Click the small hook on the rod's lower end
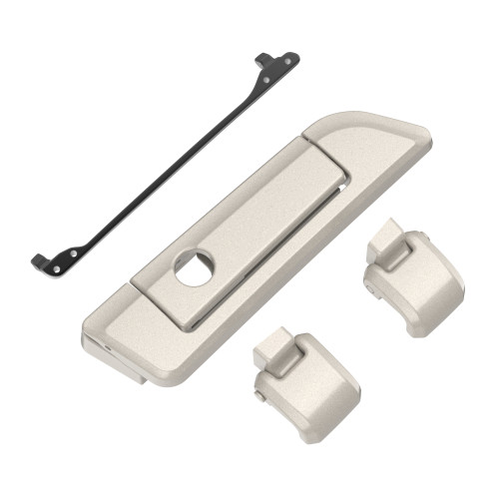coord(37,262)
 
